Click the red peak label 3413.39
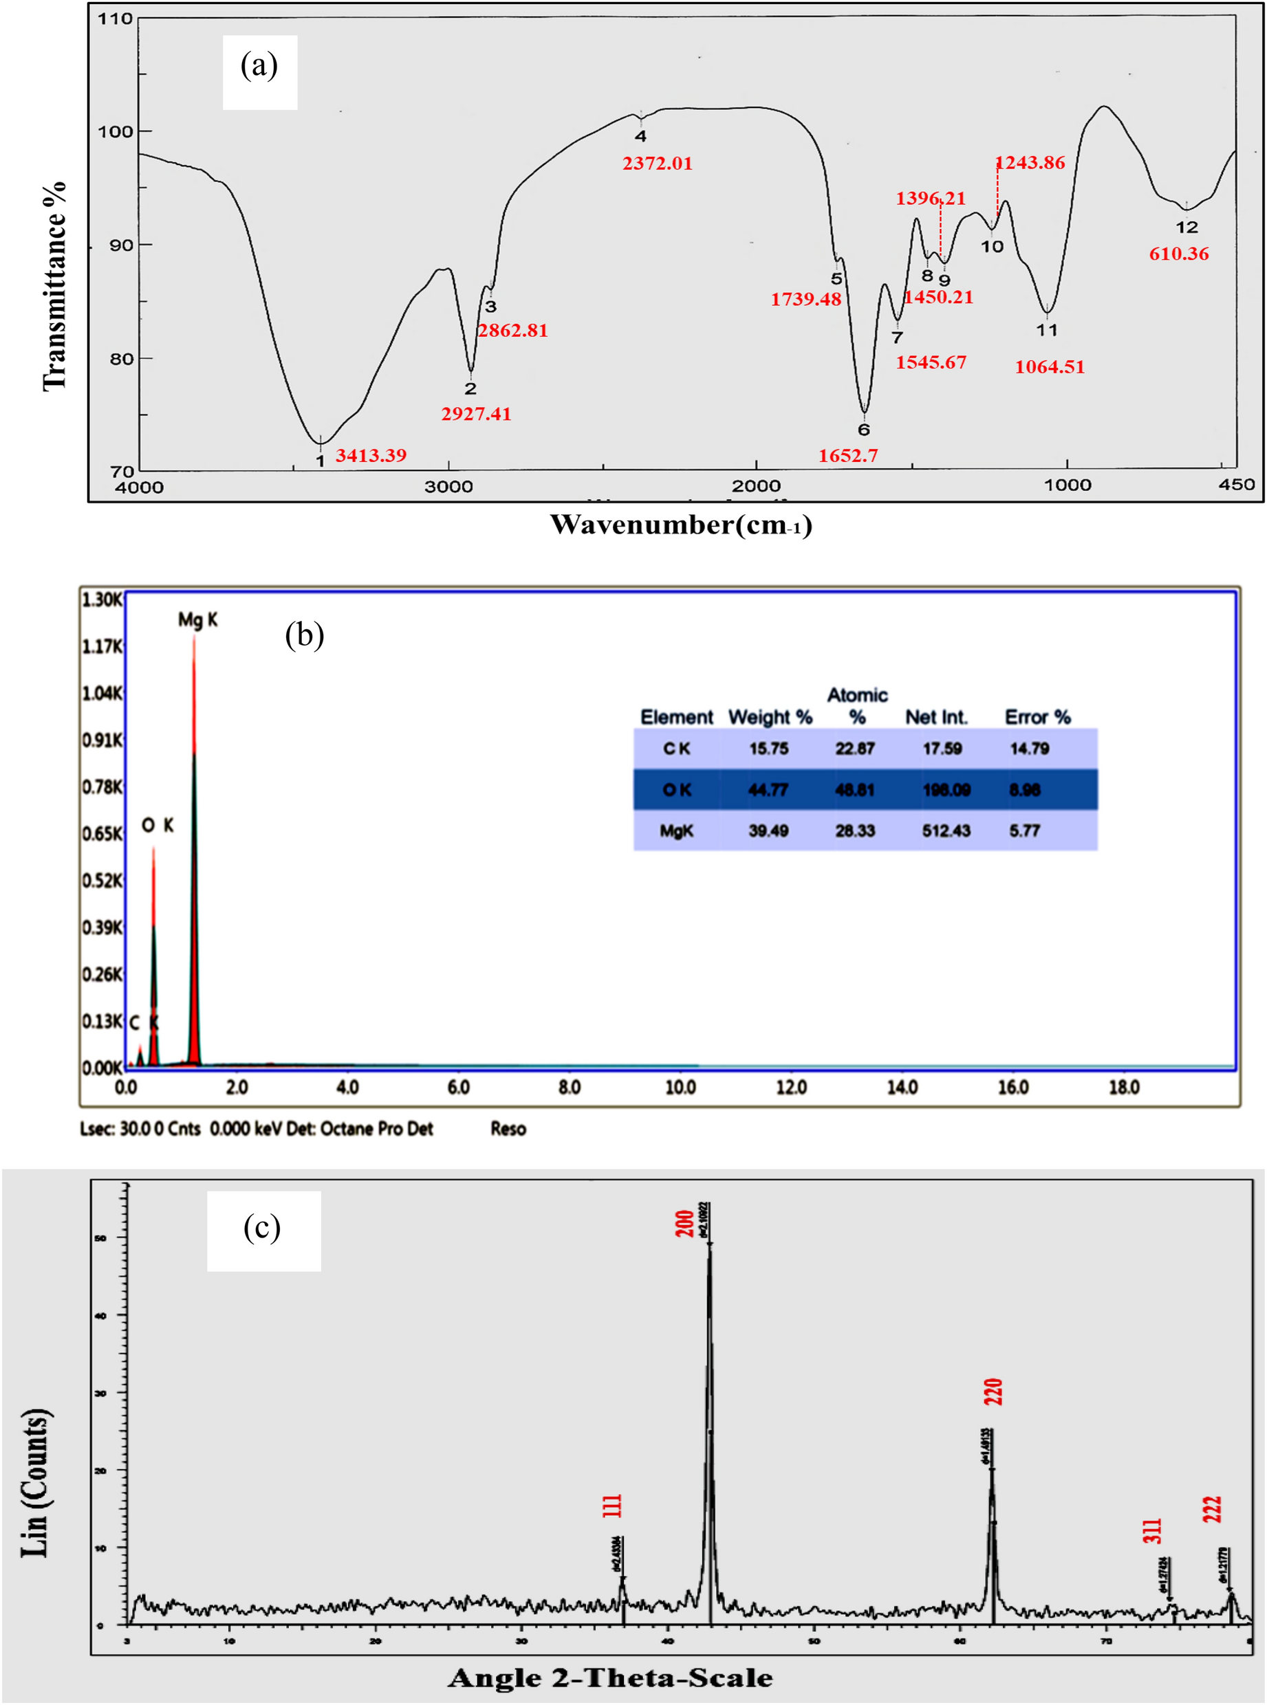371,455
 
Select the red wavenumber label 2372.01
658,164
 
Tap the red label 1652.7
847,455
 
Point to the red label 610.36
1179,254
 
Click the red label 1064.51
1050,367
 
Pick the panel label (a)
259,67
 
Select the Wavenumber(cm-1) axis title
681,525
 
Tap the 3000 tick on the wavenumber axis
448,486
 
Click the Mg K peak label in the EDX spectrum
197,619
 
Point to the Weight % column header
770,718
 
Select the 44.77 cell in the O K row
768,790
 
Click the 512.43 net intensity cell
946,831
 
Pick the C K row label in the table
676,749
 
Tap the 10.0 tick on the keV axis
680,1087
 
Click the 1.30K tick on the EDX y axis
102,599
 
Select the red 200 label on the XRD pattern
685,1223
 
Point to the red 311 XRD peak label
1153,1531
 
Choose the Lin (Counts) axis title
35,1483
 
